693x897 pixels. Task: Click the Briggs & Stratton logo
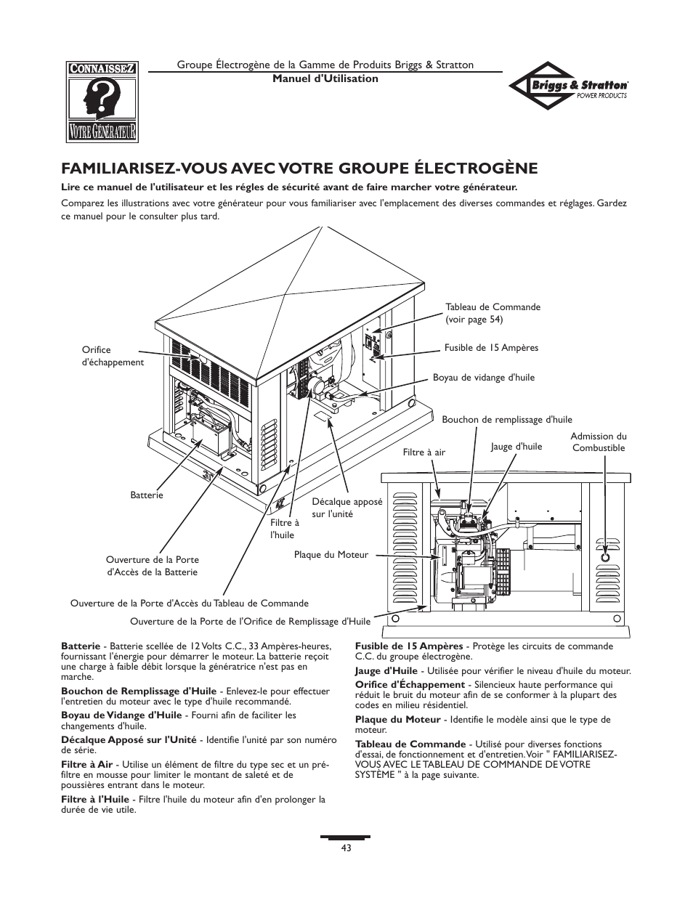tap(569, 85)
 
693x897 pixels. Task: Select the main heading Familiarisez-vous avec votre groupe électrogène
tap(299, 169)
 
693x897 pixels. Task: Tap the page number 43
tap(346, 848)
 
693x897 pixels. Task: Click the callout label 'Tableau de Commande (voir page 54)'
tap(493, 313)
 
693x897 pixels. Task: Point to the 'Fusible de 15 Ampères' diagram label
tap(491, 348)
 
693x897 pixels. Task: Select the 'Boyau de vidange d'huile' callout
tap(483, 378)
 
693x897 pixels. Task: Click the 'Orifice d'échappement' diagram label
tap(113, 356)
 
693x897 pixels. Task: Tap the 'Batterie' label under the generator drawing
tap(147, 495)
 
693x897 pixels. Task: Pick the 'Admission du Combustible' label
tap(598, 442)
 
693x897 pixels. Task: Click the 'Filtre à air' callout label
tap(423, 452)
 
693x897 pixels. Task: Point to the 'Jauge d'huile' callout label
tap(516, 447)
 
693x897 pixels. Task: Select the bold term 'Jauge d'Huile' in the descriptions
tap(386, 671)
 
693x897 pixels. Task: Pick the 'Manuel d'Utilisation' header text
tap(325, 78)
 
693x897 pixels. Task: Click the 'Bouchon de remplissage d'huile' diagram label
tap(507, 420)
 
